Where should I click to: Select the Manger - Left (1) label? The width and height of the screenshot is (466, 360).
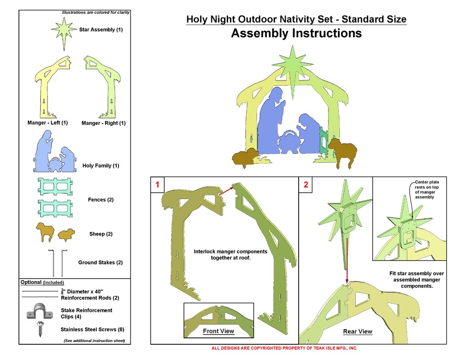pyautogui.click(x=48, y=123)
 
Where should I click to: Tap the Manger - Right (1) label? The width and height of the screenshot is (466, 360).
pyautogui.click(x=104, y=123)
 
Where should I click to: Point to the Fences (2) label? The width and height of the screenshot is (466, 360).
pyautogui.click(x=101, y=200)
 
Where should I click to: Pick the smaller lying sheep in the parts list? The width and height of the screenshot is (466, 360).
pyautogui.click(x=67, y=234)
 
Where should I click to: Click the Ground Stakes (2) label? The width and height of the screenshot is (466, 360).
pyautogui.click(x=101, y=262)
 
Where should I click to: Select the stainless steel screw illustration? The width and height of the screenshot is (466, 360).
pyautogui.click(x=39, y=329)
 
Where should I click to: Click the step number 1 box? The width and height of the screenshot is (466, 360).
pyautogui.click(x=157, y=185)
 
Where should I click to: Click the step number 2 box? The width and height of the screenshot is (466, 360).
pyautogui.click(x=306, y=185)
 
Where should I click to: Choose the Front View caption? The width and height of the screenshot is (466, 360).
pyautogui.click(x=219, y=331)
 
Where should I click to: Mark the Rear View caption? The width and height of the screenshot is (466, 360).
pyautogui.click(x=358, y=332)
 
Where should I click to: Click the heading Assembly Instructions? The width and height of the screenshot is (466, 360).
pyautogui.click(x=296, y=34)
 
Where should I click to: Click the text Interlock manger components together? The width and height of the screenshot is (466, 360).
pyautogui.click(x=231, y=254)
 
